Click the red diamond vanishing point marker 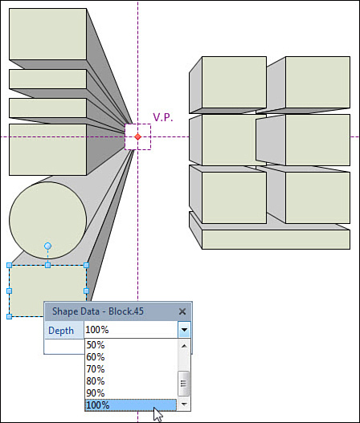coord(137,136)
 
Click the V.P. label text coord(163,117)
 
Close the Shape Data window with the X coord(182,311)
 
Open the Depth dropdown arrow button coord(185,329)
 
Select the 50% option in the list coord(96,345)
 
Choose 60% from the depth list coord(96,357)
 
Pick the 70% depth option coord(96,369)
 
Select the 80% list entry coord(96,381)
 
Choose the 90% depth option coord(96,393)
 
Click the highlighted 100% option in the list coord(131,405)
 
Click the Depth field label coord(61,331)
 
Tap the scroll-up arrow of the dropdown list coord(184,346)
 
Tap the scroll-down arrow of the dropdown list coord(184,404)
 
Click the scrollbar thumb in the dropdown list coord(184,384)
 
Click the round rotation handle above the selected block coord(47,246)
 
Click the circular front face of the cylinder coord(47,220)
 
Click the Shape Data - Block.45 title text coord(98,311)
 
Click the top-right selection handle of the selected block coord(87,266)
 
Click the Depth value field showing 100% coord(131,329)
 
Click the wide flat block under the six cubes coord(276,239)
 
